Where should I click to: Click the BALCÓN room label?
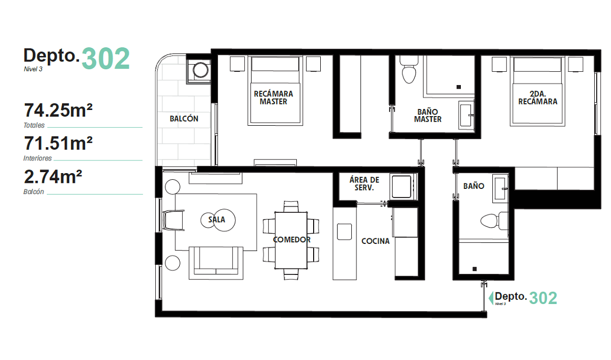[x=184, y=119]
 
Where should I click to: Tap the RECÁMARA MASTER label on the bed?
[x=273, y=98]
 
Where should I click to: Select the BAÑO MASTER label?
[x=427, y=116]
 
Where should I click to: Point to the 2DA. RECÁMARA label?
[x=538, y=98]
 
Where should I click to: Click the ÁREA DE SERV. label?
[x=364, y=183]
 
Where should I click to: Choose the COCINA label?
[x=375, y=241]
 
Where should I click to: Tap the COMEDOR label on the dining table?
[x=292, y=240]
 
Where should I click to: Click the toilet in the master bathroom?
[x=408, y=70]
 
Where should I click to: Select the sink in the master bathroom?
[x=466, y=115]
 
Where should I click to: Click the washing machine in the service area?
[x=403, y=187]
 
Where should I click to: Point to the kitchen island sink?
[x=344, y=232]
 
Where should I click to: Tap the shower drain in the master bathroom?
[x=459, y=87]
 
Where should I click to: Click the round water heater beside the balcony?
[x=201, y=70]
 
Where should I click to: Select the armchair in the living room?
[x=174, y=220]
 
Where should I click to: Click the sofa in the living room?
[x=216, y=263]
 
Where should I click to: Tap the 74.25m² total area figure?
[x=58, y=110]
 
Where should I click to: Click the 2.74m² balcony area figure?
[x=53, y=177]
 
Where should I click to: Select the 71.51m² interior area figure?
[x=58, y=144]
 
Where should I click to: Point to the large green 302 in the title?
[x=105, y=59]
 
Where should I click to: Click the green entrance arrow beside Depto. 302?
[x=491, y=298]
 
